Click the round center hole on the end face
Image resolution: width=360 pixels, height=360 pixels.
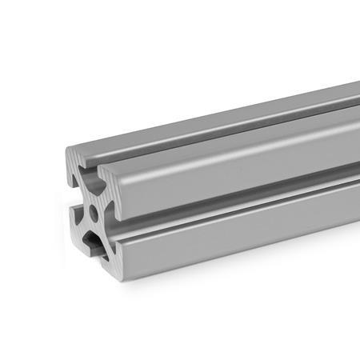point(94,213)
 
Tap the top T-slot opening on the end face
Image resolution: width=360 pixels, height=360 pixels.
point(90,166)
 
